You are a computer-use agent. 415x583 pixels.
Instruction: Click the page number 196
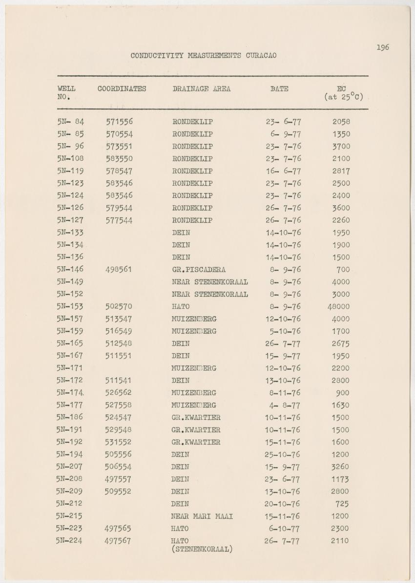(383, 47)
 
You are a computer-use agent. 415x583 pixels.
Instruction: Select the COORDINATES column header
(122, 89)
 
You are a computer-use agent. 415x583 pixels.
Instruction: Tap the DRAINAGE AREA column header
(201, 89)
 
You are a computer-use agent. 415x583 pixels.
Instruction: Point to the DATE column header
(279, 89)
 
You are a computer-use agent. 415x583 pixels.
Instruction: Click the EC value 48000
(338, 307)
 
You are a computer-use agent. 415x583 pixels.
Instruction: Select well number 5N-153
(70, 306)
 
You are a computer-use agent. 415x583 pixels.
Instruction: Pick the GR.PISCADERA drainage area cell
(199, 270)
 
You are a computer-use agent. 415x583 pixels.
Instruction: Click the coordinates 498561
(119, 270)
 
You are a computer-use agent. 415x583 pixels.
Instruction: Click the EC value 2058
(341, 122)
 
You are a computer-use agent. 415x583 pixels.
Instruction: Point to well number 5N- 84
(70, 121)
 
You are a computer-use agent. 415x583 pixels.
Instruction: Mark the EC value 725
(342, 504)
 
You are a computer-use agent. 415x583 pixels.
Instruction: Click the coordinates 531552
(118, 442)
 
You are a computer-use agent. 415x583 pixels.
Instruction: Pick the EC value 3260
(340, 467)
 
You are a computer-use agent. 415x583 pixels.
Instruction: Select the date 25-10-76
(283, 454)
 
